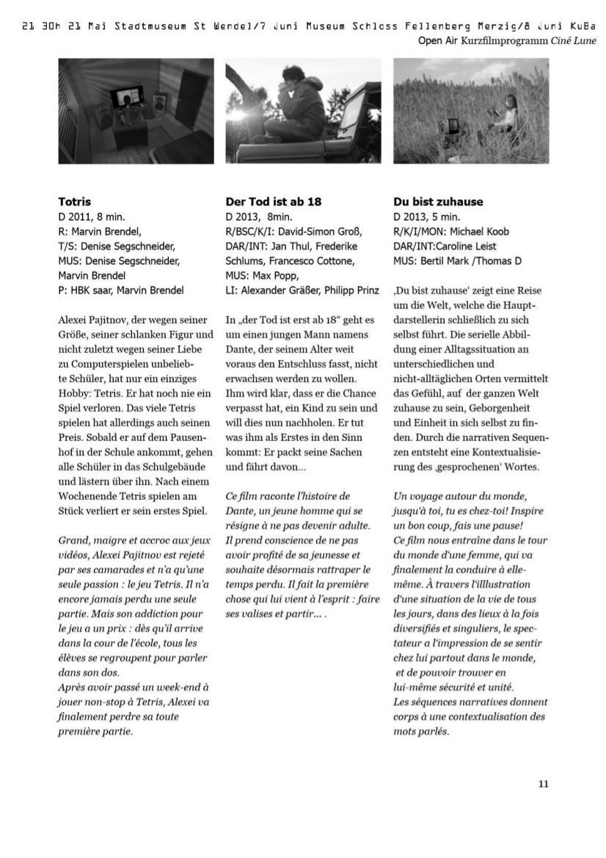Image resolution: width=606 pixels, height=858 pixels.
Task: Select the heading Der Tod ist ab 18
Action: (273, 201)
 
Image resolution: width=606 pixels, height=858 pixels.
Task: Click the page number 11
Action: (543, 784)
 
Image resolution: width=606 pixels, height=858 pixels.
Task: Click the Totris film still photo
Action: (136, 111)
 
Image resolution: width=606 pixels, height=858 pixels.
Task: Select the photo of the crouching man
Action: (303, 111)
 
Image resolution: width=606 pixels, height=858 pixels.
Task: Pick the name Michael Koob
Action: (478, 231)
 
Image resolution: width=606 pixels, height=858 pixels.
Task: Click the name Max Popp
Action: (275, 275)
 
